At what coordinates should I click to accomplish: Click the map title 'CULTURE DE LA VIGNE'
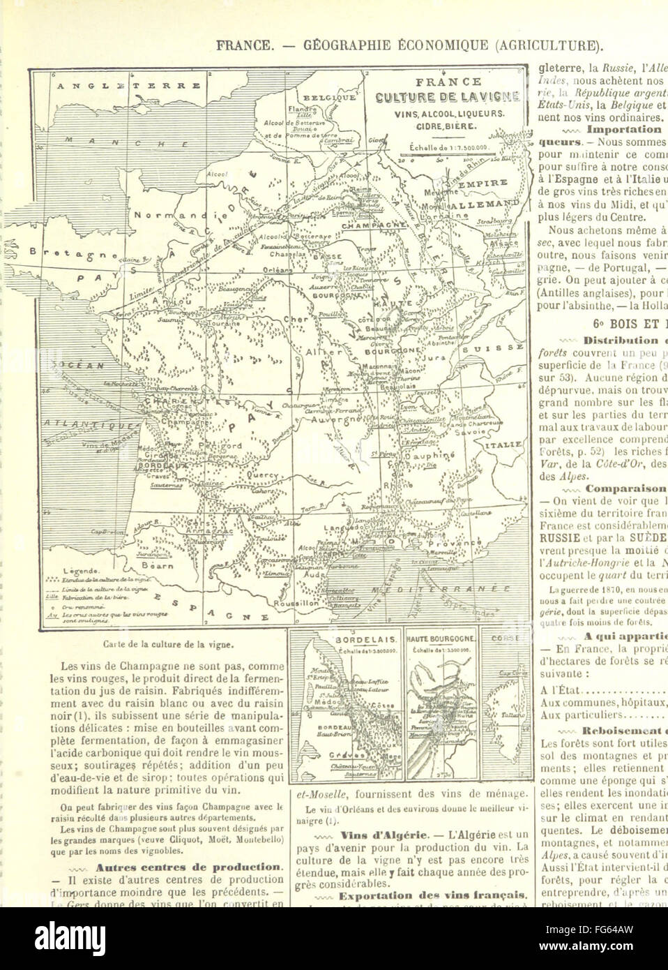[x=457, y=98]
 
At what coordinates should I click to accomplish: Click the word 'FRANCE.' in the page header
[x=243, y=47]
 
